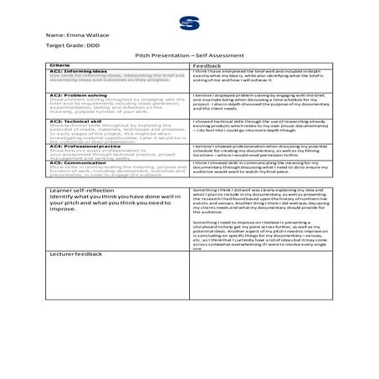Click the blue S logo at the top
[189, 20]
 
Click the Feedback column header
[207, 64]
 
